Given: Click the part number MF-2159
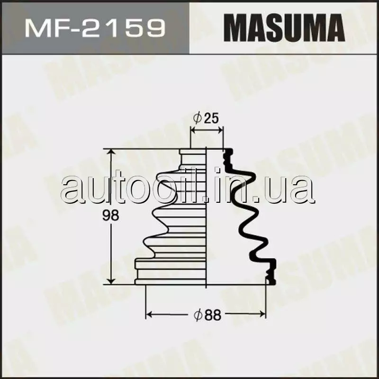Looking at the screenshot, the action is [x=95, y=28].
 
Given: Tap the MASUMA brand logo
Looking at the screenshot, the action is [x=284, y=27].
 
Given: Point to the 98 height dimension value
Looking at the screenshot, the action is [x=110, y=216].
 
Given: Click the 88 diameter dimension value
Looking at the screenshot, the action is [x=212, y=315].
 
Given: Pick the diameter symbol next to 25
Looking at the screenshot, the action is [x=197, y=118].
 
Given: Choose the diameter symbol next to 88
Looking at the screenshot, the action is [x=198, y=315].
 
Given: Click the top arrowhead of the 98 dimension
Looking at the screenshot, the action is [x=111, y=152].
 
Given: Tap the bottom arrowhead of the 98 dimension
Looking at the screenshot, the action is [x=111, y=281].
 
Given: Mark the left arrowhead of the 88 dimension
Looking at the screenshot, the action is [x=150, y=315].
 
